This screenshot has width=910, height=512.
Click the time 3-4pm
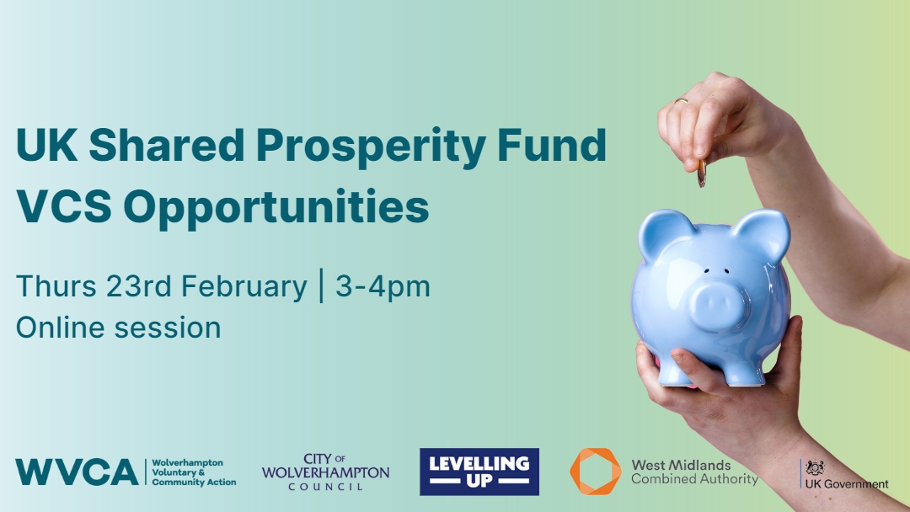(383, 287)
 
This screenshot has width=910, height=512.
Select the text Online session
(118, 327)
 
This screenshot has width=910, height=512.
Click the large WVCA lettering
(77, 472)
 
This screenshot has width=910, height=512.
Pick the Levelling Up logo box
(479, 472)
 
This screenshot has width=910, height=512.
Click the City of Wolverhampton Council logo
(325, 472)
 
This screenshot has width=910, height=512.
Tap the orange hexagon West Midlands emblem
(595, 471)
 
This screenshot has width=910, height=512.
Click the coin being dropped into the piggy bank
(701, 174)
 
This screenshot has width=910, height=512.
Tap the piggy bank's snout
(717, 301)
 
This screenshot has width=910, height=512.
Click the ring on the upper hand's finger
(681, 101)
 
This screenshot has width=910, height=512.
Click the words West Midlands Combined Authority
(694, 472)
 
